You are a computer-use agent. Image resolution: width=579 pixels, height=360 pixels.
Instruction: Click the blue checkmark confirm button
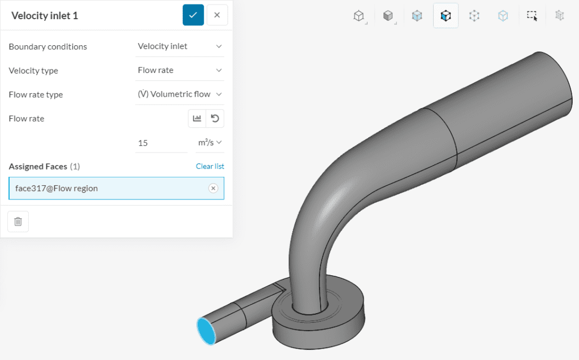click(x=193, y=15)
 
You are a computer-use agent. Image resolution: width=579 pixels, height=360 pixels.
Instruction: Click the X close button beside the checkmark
click(x=217, y=15)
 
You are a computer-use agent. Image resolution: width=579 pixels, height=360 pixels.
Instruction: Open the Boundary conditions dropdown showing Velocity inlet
click(x=180, y=46)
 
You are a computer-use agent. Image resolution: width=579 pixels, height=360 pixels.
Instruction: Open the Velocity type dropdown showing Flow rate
click(x=180, y=71)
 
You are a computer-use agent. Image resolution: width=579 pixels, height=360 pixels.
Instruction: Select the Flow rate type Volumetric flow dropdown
click(x=180, y=94)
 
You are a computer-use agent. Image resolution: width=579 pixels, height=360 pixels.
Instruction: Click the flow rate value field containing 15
click(x=161, y=143)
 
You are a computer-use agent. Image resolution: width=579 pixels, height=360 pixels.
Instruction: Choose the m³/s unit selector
click(x=210, y=143)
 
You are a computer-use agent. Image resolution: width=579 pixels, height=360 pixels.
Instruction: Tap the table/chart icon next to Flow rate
click(x=197, y=119)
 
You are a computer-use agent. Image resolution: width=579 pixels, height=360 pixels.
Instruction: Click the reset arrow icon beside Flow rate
click(x=215, y=119)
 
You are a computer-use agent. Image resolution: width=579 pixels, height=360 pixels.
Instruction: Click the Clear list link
click(x=210, y=166)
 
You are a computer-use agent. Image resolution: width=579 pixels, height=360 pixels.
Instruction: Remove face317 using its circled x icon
click(x=213, y=188)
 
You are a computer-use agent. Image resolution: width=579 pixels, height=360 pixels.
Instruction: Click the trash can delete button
click(x=18, y=222)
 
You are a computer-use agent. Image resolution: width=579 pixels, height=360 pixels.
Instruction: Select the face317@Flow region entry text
click(x=57, y=188)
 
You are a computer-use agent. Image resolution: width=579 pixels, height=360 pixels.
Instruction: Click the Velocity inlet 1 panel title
click(x=45, y=16)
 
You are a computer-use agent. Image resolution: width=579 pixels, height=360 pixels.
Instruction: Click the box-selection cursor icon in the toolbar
click(x=532, y=16)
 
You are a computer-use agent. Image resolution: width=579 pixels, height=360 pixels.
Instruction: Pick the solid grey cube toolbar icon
click(x=388, y=16)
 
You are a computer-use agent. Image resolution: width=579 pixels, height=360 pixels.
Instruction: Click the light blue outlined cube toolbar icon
click(x=503, y=16)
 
